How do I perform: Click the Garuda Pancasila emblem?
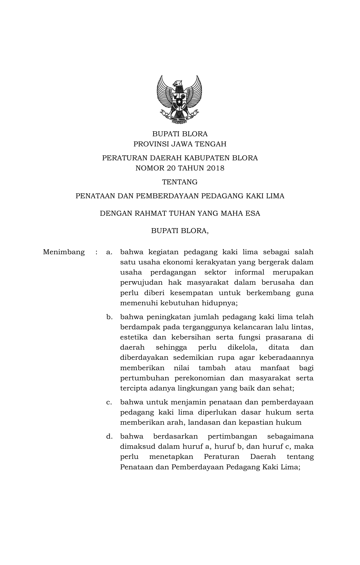pos(180,98)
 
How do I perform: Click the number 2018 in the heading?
pos(216,168)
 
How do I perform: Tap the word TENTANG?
pos(180,182)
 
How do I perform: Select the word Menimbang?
pos(64,252)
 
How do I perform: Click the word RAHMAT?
pos(149,214)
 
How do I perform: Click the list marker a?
pos(109,252)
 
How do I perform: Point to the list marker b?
pos(109,317)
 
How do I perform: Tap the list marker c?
pos(109,402)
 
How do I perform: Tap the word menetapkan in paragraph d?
pos(171,457)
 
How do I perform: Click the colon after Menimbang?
pos(96,252)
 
